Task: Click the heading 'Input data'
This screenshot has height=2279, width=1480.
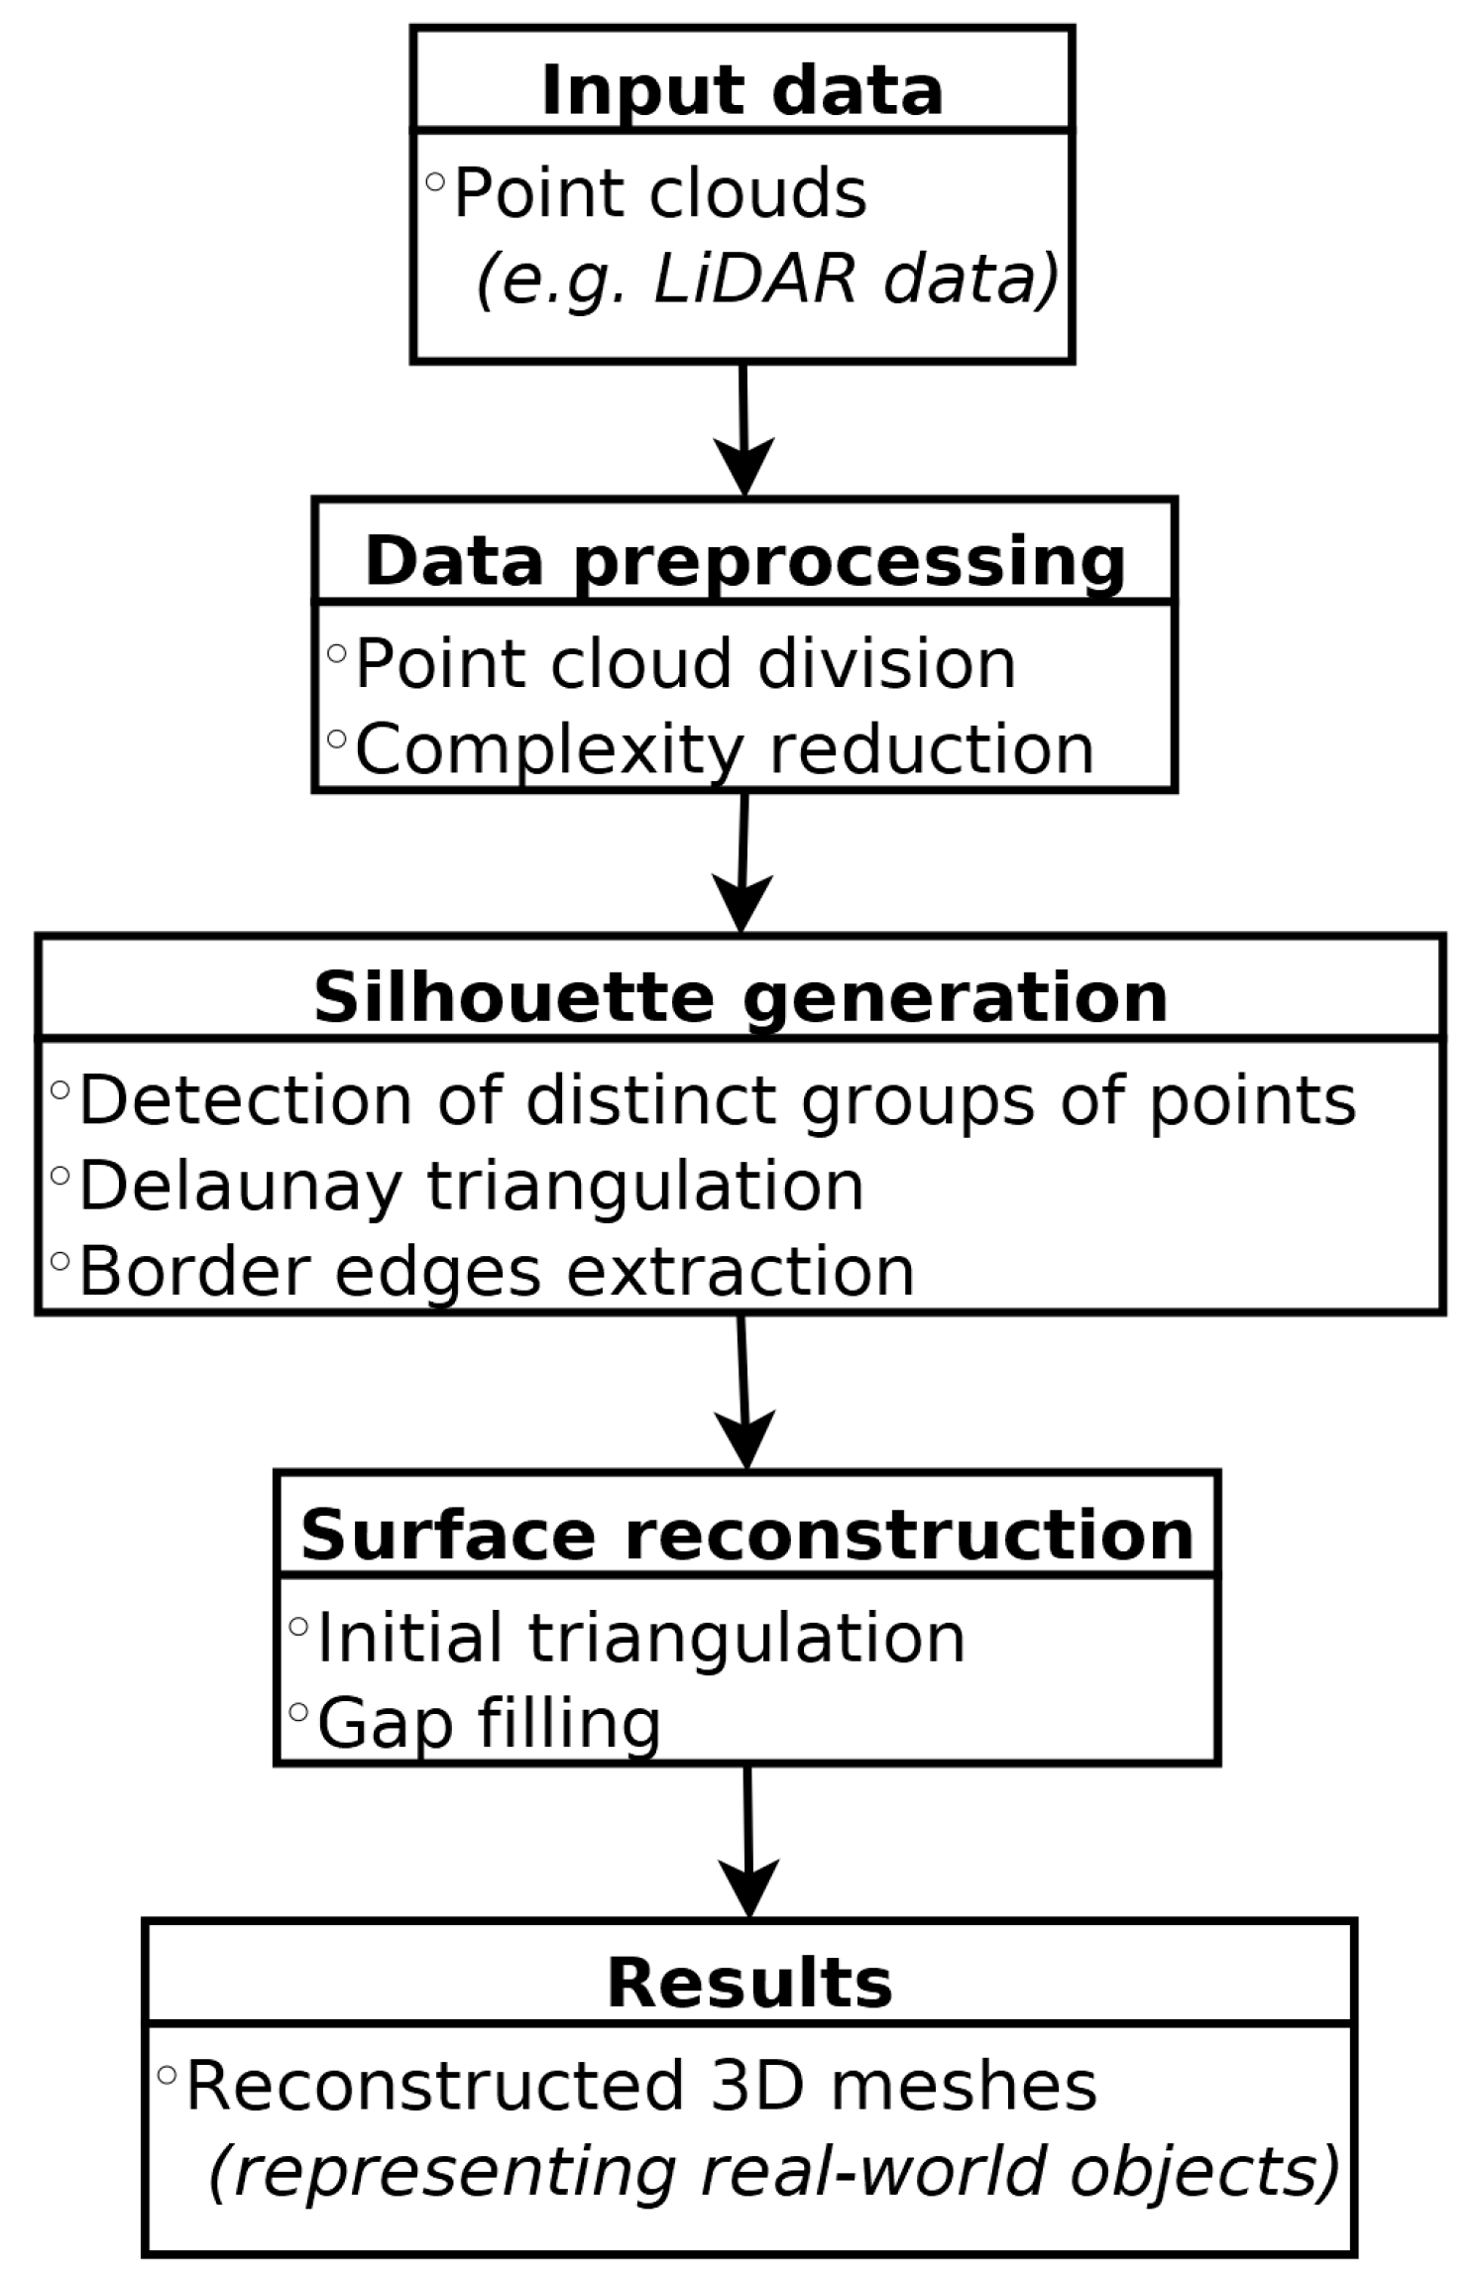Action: tap(741, 91)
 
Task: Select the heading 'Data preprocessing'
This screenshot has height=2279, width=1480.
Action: tap(744, 562)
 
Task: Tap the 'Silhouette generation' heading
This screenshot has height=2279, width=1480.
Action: tap(740, 997)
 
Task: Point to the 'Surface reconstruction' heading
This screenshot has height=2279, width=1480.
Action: tap(746, 1535)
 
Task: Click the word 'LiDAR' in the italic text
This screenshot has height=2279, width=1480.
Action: tap(753, 279)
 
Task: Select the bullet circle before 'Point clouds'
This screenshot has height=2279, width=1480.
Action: tap(434, 182)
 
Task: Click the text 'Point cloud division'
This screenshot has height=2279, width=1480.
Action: tap(685, 663)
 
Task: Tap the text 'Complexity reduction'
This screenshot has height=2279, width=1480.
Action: tap(725, 748)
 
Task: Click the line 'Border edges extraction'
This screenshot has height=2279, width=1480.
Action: tap(496, 1271)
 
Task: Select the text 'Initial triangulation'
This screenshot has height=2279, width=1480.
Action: tap(640, 1638)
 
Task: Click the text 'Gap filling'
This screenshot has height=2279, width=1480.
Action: tap(489, 1723)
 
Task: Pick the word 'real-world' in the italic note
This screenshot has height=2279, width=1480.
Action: tap(872, 2171)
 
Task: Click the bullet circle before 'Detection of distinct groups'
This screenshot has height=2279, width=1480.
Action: tap(59, 1090)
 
